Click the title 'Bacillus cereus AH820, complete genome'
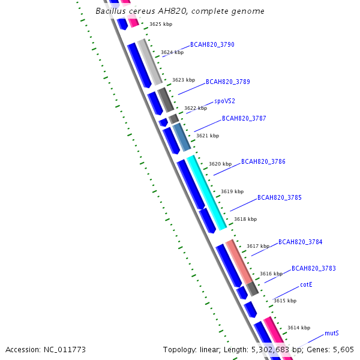(x=180, y=11)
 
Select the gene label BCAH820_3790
(x=212, y=44)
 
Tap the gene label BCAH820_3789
(x=228, y=82)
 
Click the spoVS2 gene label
(x=224, y=101)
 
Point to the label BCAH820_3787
(x=244, y=119)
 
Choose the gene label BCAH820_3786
(x=263, y=162)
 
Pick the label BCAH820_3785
(x=279, y=197)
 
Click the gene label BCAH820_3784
(x=300, y=242)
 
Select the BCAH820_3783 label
(x=313, y=268)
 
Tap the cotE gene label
(x=306, y=284)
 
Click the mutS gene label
(x=332, y=333)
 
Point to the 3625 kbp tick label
(x=160, y=25)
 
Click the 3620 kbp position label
(x=220, y=164)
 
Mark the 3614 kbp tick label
(x=298, y=328)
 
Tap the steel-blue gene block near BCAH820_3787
(x=182, y=137)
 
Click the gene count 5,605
(x=343, y=349)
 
